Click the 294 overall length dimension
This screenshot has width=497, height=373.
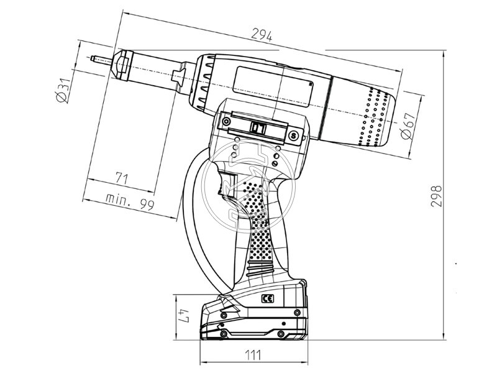[x=262, y=35]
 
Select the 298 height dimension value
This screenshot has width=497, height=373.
[x=436, y=196]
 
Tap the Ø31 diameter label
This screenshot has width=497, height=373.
[x=63, y=91]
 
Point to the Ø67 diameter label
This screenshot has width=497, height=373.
[x=408, y=126]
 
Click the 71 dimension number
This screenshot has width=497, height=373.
[x=121, y=178]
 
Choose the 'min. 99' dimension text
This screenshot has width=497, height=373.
[x=130, y=201]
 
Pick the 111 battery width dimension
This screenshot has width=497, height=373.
[x=253, y=355]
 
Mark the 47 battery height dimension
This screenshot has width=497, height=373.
[x=184, y=316]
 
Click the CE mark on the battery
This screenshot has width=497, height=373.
[x=267, y=298]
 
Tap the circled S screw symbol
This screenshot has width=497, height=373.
[x=294, y=136]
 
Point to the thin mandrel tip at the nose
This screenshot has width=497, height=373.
[x=101, y=59]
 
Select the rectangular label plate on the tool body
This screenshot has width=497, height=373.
[x=273, y=86]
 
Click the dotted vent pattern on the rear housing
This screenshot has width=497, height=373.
[x=373, y=117]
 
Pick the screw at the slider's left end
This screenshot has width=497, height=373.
[x=226, y=121]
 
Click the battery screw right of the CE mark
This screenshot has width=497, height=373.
[x=297, y=313]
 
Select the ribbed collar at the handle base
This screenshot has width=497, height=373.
[x=260, y=269]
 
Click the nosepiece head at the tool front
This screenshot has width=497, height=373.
[x=122, y=65]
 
